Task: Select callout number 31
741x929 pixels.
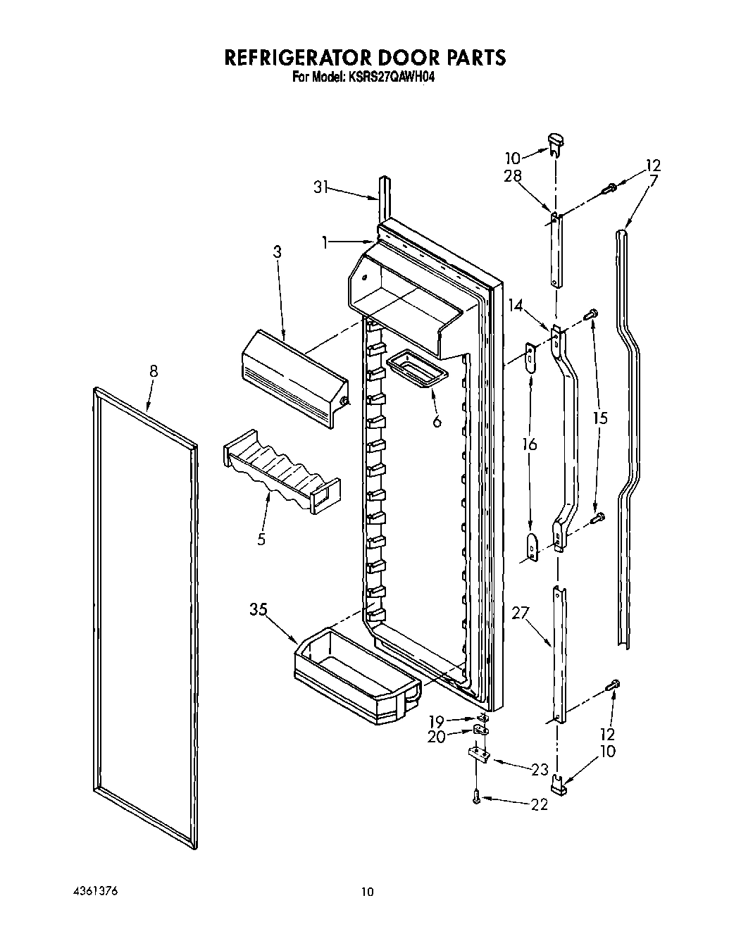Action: point(322,186)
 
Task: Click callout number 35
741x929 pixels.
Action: point(258,609)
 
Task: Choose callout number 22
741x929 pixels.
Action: point(539,804)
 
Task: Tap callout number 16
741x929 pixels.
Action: point(530,444)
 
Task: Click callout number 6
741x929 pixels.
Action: point(437,422)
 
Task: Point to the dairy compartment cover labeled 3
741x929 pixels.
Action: point(294,378)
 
